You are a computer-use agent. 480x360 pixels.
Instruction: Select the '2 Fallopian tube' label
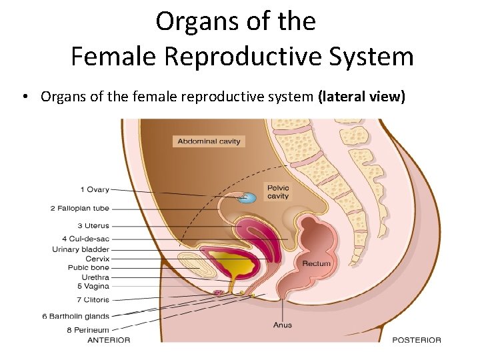tap(79, 208)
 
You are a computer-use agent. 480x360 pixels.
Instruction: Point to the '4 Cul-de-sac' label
tap(85, 238)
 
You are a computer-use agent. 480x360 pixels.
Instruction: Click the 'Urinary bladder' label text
tap(80, 249)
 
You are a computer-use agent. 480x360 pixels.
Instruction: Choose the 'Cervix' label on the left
tap(97, 259)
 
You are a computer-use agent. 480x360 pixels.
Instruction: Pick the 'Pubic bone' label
tap(89, 267)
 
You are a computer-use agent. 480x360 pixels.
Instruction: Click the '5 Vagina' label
tap(93, 286)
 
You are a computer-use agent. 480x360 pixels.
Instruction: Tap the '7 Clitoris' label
tap(93, 300)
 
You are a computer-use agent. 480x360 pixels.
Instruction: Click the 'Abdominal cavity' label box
tap(209, 141)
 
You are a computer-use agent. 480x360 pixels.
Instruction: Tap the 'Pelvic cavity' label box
tap(277, 191)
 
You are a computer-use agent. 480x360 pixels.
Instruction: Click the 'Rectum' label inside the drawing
tap(316, 263)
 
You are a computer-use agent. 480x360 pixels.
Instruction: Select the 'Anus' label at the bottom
tap(282, 325)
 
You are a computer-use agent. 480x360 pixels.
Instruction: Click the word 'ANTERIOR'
tap(109, 340)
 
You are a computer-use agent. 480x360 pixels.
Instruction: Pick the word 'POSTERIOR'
tap(416, 340)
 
